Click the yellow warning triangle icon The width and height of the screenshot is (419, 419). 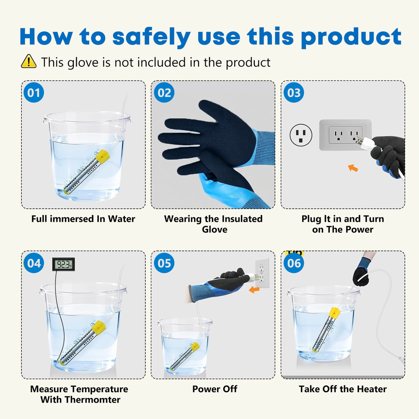pyautogui.click(x=28, y=61)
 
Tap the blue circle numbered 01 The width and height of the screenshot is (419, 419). pyautogui.click(x=34, y=93)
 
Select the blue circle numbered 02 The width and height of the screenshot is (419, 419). pyautogui.click(x=164, y=93)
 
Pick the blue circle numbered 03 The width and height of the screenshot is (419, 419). pyautogui.click(x=294, y=93)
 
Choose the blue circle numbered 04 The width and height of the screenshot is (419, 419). pyautogui.click(x=34, y=263)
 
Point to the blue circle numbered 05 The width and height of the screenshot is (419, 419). pyautogui.click(x=164, y=263)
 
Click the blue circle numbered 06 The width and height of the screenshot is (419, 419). pyautogui.click(x=294, y=263)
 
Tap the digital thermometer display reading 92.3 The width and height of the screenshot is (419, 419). pyautogui.click(x=64, y=264)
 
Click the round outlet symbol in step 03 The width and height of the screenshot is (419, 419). pyautogui.click(x=301, y=135)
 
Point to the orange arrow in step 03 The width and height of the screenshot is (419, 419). pyautogui.click(x=353, y=168)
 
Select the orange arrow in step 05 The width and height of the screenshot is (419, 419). pyautogui.click(x=254, y=290)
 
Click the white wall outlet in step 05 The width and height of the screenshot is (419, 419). pyautogui.click(x=261, y=273)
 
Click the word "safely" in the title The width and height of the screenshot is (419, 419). pyautogui.click(x=151, y=37)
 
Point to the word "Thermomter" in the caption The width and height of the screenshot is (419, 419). pyautogui.click(x=93, y=400)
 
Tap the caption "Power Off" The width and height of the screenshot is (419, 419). pyautogui.click(x=215, y=389)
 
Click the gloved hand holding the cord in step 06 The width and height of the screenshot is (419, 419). pyautogui.click(x=362, y=272)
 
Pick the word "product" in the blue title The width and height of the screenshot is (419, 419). pyautogui.click(x=352, y=37)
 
